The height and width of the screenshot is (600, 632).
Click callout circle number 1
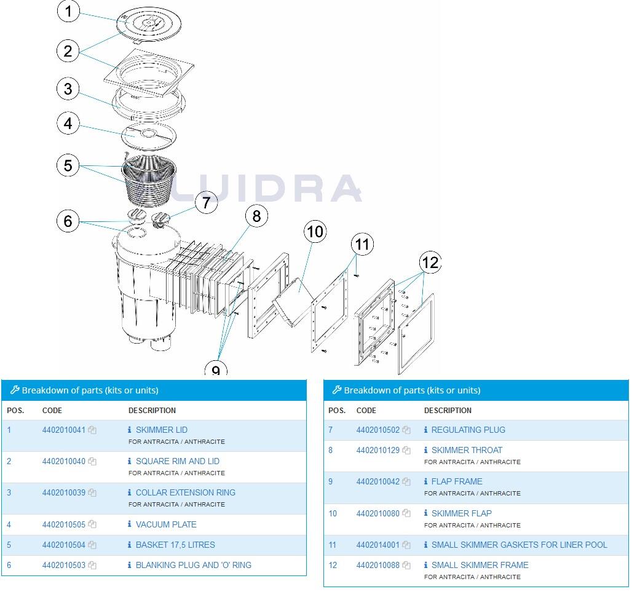pos(69,12)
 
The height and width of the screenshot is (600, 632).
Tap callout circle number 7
pos(206,202)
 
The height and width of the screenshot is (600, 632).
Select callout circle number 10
pos(315,232)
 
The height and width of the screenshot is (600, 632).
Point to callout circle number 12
pos(430,262)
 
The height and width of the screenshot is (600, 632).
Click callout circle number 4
pos(68,123)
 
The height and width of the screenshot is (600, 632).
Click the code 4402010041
pos(63,430)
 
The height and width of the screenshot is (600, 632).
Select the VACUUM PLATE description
pos(166,524)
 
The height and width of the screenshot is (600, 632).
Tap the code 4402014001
pos(377,545)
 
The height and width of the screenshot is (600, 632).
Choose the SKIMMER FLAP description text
pos(461,513)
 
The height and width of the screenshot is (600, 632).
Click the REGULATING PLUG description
pos(468,430)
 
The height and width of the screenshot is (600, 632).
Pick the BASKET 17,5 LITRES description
pos(175,545)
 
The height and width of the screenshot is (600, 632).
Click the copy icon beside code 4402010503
pos(92,565)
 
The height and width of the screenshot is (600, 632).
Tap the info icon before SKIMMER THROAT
pos(425,450)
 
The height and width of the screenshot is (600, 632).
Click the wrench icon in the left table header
pos(15,390)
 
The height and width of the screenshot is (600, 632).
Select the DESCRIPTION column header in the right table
pos(448,410)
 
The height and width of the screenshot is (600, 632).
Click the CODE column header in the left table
pos(52,410)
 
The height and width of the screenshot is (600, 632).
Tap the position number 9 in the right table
pos(330,481)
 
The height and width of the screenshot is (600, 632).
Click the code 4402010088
pos(377,565)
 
